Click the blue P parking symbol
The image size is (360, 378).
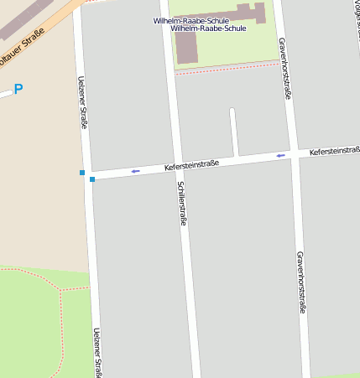tap(18, 89)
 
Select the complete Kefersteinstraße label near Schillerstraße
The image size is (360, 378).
tap(191, 165)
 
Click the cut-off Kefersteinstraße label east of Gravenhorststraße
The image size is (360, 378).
tap(334, 151)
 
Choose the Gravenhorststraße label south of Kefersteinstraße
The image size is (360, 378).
tap(300, 282)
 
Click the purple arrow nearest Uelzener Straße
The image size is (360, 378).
tap(135, 171)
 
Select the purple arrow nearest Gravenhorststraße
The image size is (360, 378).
tap(281, 155)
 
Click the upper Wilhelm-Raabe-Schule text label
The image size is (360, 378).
tap(191, 20)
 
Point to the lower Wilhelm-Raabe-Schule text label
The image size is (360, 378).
tap(208, 28)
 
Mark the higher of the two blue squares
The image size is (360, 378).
tap(82, 173)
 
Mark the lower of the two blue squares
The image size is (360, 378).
tap(92, 179)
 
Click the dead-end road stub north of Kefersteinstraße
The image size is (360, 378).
tap(233, 130)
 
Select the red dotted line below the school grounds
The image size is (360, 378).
tap(227, 68)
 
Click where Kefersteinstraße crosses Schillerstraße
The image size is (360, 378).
tap(175, 168)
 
